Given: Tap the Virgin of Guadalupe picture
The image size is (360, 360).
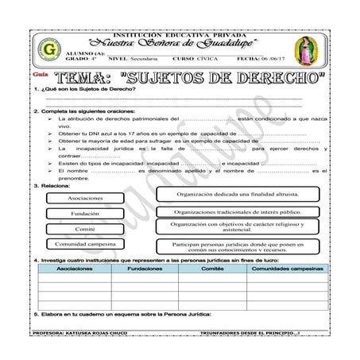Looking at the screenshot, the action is pyautogui.click(x=306, y=49).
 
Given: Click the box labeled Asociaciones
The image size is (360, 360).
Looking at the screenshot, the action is pyautogui.click(x=80, y=197).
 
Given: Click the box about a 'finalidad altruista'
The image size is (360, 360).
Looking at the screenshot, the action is pyautogui.click(x=238, y=194).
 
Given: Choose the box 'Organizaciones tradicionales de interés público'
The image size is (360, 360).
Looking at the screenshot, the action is pyautogui.click(x=238, y=212).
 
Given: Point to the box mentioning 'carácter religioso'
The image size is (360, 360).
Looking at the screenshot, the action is pyautogui.click(x=238, y=227).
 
